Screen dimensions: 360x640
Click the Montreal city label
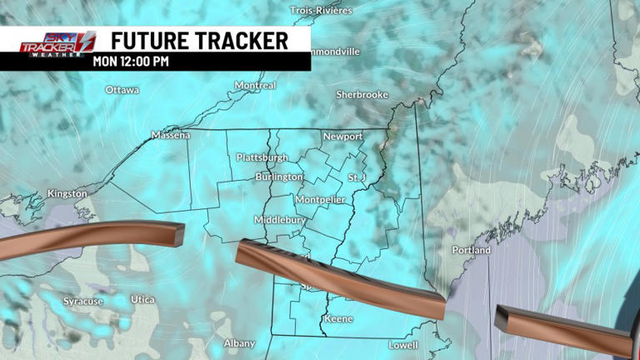pos(255,86)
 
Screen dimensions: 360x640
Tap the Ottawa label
pos(122,90)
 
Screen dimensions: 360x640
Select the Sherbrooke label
pos(362,95)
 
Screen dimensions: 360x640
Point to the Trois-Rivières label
pos(322,11)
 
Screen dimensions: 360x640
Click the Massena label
pos(171,135)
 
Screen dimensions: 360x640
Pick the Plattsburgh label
pos(262,157)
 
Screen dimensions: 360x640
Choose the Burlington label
pos(279,177)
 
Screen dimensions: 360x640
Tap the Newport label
pos(342,137)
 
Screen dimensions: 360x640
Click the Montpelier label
pos(320,200)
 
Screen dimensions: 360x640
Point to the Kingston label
pos(67,193)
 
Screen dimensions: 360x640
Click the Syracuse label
pos(83,301)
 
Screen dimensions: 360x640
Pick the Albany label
pos(239,343)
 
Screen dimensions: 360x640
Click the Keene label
pos(338,319)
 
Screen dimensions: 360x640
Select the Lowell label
pos(403,345)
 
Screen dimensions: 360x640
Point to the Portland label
pos(472,250)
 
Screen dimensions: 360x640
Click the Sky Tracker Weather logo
pos(57,42)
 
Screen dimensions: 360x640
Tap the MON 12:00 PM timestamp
pos(130,61)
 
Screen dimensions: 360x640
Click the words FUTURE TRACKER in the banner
pos(199,40)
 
